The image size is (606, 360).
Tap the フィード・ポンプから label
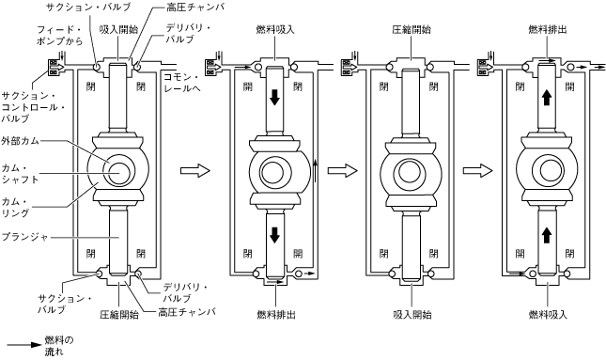click(59, 35)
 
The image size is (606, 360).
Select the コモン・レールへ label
click(182, 83)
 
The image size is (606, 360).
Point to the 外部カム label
click(20, 140)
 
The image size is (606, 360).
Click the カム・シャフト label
click(20, 174)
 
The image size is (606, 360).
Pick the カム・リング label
click(15, 208)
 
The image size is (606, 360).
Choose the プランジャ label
click(24, 236)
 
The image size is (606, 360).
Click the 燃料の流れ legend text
click(59, 346)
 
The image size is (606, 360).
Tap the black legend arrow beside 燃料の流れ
click(24, 345)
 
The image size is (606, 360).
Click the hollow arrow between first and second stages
click(195, 170)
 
